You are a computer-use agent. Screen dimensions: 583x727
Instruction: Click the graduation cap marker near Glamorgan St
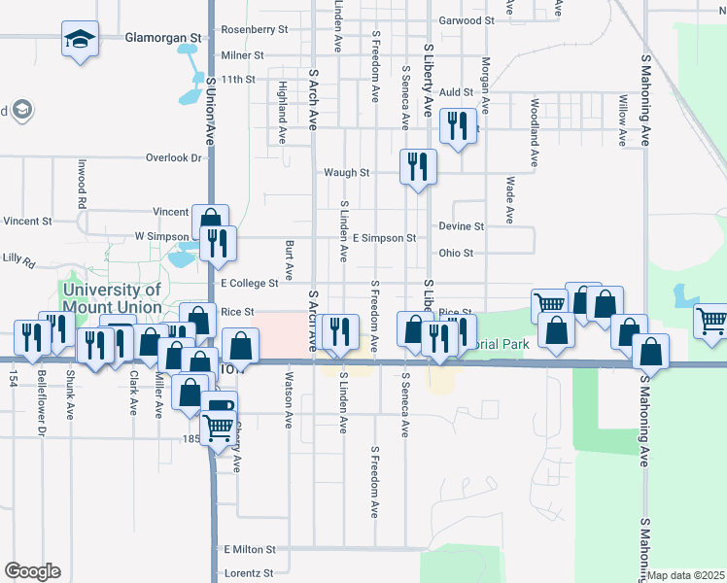pyautogui.click(x=78, y=40)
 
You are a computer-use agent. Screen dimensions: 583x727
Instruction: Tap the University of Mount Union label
pyautogui.click(x=112, y=297)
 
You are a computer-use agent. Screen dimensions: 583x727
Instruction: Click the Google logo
pyautogui.click(x=32, y=571)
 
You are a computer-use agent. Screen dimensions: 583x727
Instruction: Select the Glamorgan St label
pyautogui.click(x=162, y=38)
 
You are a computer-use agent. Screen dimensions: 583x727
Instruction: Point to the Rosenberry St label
pyautogui.click(x=255, y=29)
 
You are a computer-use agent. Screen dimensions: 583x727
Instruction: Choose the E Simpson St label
pyautogui.click(x=384, y=237)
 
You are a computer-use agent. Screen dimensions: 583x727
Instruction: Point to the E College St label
pyautogui.click(x=250, y=283)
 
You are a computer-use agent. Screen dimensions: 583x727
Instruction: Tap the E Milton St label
pyautogui.click(x=250, y=549)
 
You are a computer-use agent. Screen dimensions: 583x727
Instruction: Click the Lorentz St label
pyautogui.click(x=249, y=573)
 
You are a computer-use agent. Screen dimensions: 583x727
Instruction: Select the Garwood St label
pyautogui.click(x=460, y=20)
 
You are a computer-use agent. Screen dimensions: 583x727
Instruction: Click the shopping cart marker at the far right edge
pyautogui.click(x=712, y=320)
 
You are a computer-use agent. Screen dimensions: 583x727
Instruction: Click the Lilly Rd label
pyautogui.click(x=18, y=261)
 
